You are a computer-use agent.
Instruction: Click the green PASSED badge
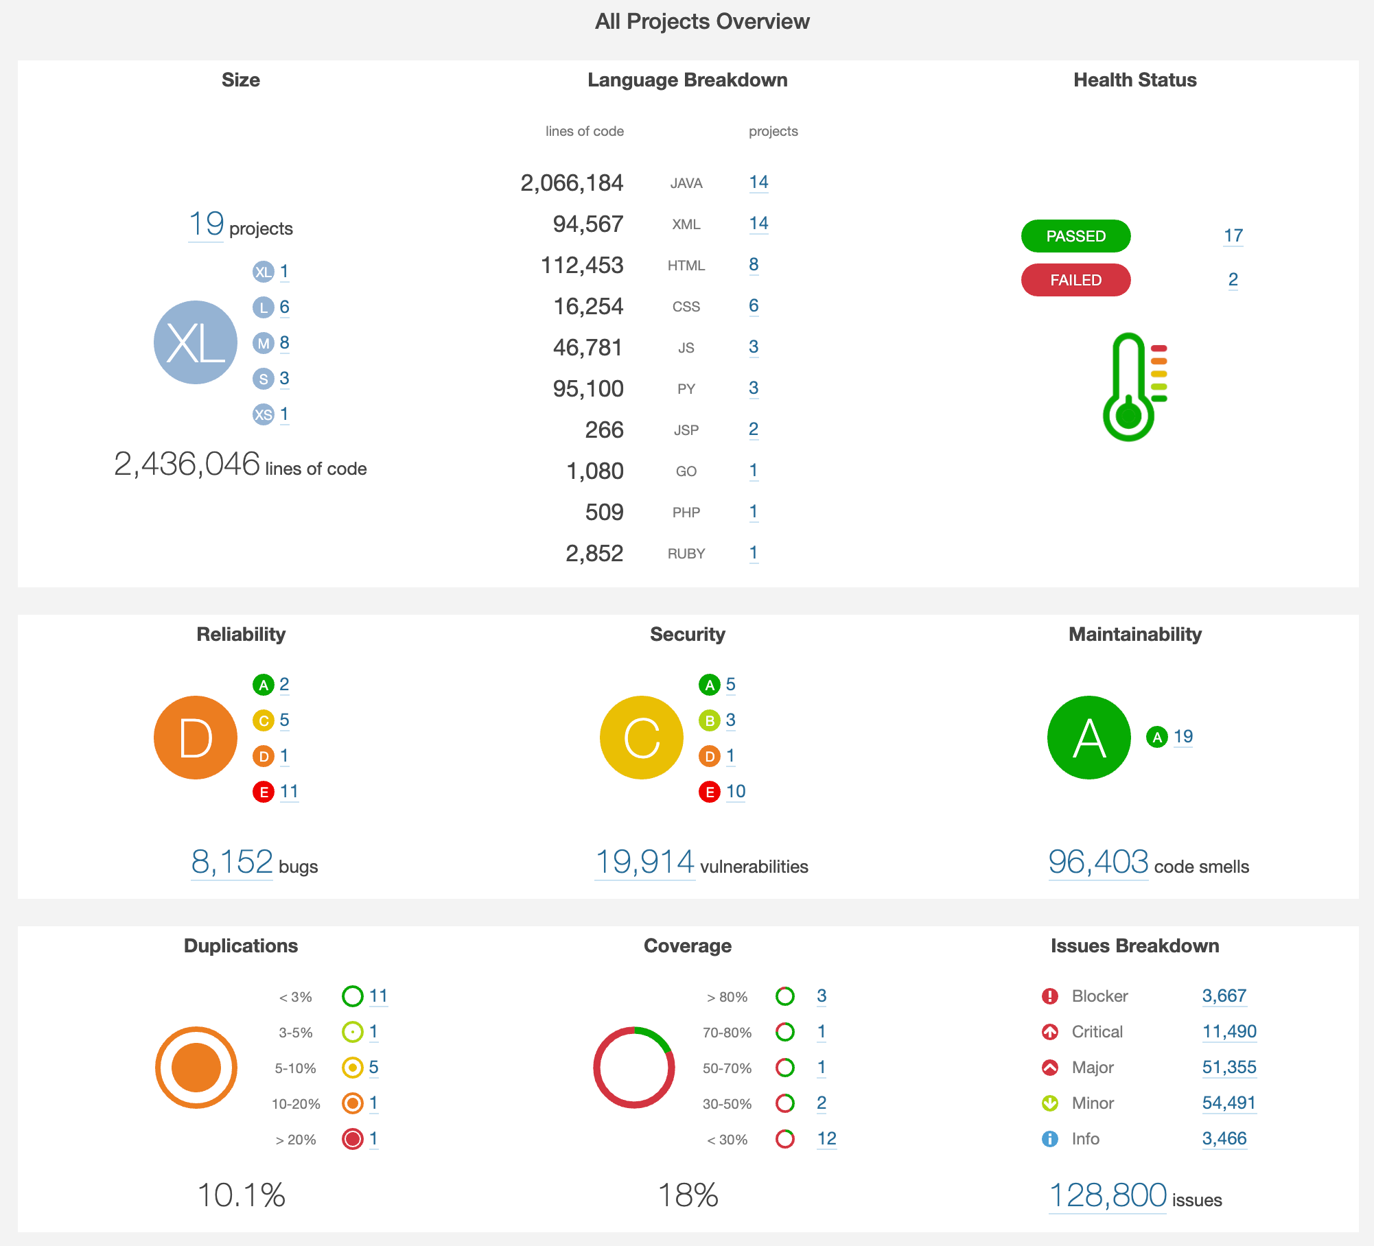1075,236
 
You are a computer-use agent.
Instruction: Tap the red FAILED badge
1075,280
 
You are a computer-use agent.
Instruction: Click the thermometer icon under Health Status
1132,387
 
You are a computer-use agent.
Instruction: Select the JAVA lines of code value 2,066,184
572,183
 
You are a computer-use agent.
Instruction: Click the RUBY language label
686,554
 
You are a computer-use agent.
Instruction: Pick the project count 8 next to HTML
754,265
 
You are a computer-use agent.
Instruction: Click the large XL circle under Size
196,342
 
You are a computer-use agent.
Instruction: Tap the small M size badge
263,343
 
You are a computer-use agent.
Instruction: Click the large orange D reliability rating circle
196,738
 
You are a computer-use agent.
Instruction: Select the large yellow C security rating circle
642,738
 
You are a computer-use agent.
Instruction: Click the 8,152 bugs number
232,862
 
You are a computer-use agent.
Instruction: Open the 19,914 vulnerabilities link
644,862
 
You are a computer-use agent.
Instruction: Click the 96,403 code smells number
1098,862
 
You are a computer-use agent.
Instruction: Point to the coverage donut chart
634,1068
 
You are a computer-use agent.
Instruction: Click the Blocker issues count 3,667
1224,996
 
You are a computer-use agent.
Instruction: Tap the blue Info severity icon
1049,1139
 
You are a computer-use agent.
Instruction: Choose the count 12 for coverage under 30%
826,1139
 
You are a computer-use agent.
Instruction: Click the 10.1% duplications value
241,1195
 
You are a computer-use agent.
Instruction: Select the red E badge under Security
709,792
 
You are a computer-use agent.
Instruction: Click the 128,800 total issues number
1107,1195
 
